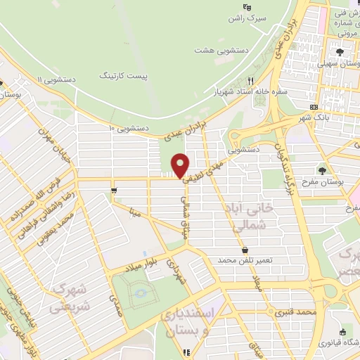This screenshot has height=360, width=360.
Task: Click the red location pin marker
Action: click(x=181, y=165)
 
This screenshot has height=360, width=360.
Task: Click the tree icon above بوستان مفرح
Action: click(x=322, y=171)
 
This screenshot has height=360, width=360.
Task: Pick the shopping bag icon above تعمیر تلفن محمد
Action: click(x=244, y=250)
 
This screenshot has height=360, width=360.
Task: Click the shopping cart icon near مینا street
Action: click(x=113, y=190)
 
